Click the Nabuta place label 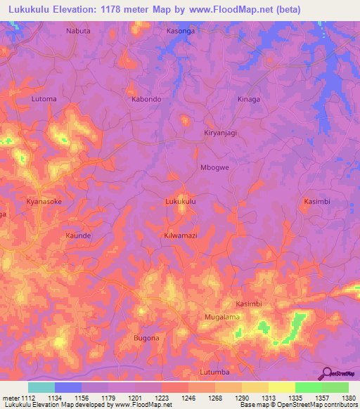coord(78,31)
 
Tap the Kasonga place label coord(181,31)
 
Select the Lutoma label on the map coord(44,99)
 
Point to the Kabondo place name coord(147,99)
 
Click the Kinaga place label coord(248,99)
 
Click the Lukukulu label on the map coord(180,201)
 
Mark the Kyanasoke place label coord(44,201)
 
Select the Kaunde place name coord(78,235)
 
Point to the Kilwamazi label coord(180,235)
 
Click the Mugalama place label coord(222,317)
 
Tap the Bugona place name coord(146,338)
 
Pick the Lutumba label coord(215,371)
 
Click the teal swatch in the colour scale coord(41,387)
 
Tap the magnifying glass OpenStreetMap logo coord(326,372)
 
